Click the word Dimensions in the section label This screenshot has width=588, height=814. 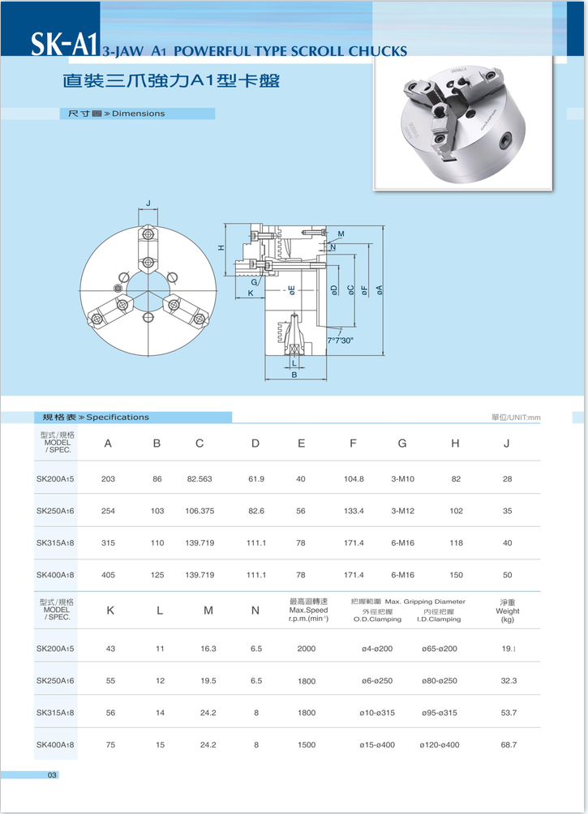[138, 114]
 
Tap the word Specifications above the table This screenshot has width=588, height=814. [118, 417]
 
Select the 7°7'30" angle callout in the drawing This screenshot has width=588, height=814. [340, 341]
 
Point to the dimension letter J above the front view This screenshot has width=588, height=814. [148, 203]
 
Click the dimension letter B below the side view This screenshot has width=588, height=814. [294, 375]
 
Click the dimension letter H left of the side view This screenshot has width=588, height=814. [221, 248]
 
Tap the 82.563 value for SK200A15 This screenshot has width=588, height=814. [199, 479]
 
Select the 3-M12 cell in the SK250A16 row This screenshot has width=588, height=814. [402, 511]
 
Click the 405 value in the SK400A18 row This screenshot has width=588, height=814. [108, 575]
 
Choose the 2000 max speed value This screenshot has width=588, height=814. [306, 649]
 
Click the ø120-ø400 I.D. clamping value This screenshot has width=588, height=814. [439, 744]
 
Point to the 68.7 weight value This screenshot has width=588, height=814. [509, 744]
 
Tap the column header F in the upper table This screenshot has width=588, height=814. [353, 443]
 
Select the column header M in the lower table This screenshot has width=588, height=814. [208, 610]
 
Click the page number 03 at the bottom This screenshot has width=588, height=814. [52, 776]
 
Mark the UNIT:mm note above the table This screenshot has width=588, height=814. [516, 418]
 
